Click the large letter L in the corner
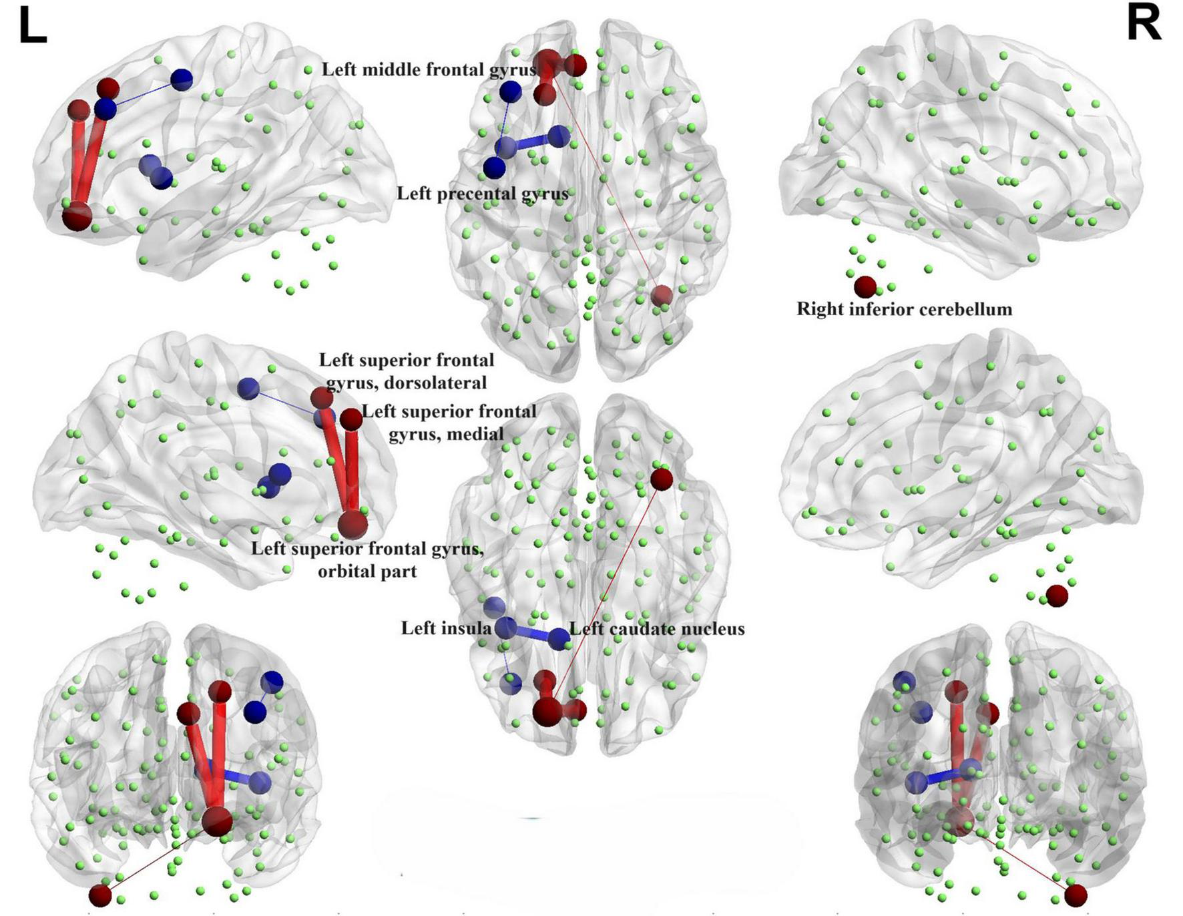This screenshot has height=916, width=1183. pos(32,27)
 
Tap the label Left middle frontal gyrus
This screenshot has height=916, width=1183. pos(429,69)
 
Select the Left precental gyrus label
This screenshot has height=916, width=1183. pos(482,194)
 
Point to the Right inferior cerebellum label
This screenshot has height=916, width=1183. pos(904,309)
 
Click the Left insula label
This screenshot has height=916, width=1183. pos(445,628)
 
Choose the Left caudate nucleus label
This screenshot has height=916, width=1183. pos(657,629)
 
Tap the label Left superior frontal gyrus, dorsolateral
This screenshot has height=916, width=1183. pos(406,371)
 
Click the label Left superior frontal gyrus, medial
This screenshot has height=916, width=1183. pos(449,423)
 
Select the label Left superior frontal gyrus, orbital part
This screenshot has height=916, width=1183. pos(367,559)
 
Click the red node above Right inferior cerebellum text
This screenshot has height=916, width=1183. pos(865,286)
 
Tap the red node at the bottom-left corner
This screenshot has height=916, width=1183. pos(100,895)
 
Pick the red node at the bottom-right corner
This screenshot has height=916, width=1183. pos(1076,895)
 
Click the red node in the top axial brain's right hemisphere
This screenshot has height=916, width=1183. pos(662,296)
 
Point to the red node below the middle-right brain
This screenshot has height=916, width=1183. pos(1057,596)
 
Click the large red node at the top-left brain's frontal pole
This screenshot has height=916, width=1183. pos(77,217)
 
